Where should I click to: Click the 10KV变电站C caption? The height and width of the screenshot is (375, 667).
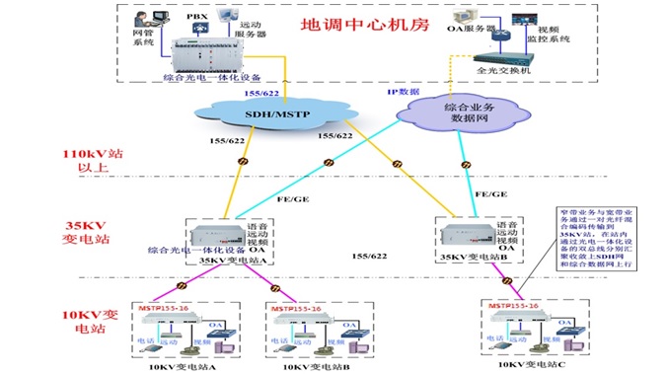coord(534,364)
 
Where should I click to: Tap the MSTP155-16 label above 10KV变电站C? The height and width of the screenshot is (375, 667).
coord(515,305)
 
